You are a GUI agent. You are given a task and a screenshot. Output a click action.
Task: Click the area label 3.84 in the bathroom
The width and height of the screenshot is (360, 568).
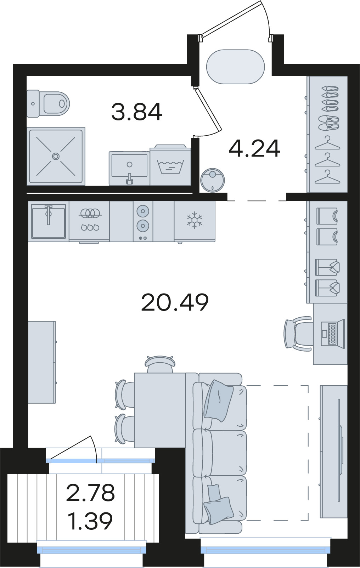coord(136,112)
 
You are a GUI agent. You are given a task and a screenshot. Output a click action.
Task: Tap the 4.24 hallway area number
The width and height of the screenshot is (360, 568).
coord(254,148)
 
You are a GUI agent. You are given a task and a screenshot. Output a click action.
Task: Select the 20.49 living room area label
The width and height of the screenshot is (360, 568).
coord(175,302)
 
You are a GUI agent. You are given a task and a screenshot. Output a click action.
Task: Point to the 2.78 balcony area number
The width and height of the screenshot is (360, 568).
coord(90,493)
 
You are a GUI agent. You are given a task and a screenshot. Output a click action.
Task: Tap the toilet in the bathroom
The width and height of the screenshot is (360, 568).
coord(48,103)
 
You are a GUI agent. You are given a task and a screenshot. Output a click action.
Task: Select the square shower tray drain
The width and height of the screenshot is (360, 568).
coord(56,156)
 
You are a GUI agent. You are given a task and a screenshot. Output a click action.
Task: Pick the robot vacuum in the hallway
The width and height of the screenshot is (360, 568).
coord(212,180)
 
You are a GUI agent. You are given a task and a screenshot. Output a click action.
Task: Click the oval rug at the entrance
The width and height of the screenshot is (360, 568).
coord(235,67)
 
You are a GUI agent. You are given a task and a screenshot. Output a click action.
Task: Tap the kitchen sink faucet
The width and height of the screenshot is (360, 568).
coord(48,214)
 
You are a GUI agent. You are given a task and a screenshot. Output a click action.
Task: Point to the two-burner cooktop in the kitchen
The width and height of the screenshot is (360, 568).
coord(143,221)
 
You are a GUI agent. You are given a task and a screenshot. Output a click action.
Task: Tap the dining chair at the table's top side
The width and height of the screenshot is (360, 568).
coord(160,364)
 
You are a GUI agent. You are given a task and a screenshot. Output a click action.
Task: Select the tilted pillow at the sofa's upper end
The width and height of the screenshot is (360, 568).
coord(218,401)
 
